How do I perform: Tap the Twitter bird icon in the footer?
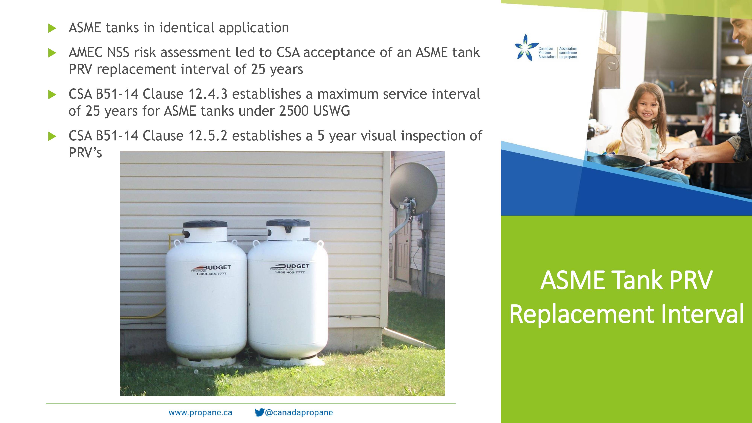click(259, 412)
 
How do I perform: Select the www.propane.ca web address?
click(200, 412)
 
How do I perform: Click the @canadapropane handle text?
click(299, 412)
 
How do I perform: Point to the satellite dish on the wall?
click(413, 185)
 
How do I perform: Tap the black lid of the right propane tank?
click(288, 224)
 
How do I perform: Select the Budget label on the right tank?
click(289, 269)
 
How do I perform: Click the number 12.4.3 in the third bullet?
click(208, 94)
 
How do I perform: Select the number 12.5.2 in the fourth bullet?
click(208, 136)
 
